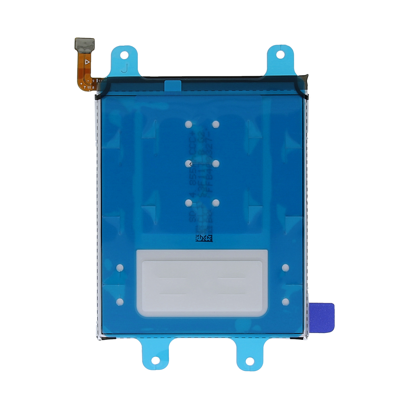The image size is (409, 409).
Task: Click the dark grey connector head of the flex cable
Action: (x=85, y=44)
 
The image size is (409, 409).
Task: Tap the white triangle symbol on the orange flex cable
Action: (x=87, y=62)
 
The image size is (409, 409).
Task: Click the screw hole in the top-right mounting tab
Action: (x=280, y=54)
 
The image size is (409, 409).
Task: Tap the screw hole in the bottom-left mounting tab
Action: (x=155, y=360)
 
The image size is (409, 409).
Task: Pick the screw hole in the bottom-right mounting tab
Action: (x=250, y=360)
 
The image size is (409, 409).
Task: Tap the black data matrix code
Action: (x=204, y=238)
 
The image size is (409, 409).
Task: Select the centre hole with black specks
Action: (x=188, y=164)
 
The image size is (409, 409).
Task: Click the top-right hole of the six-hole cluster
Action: (x=215, y=124)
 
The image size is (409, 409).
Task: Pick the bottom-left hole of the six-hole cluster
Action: (x=188, y=203)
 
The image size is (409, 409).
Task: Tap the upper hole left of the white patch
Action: (x=120, y=268)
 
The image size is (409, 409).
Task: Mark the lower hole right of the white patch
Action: (x=286, y=301)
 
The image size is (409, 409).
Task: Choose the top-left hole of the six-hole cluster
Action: (x=188, y=124)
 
